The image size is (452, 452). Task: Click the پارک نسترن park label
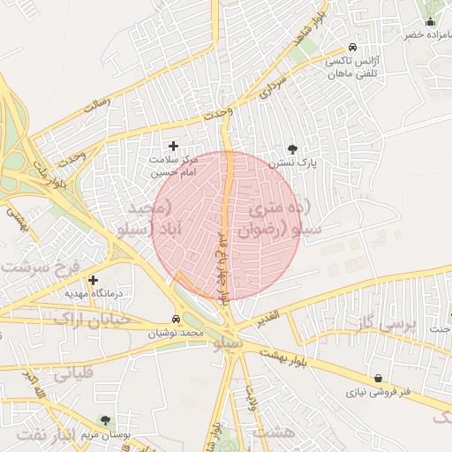(x=295, y=164)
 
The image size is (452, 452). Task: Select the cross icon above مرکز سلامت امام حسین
(x=173, y=146)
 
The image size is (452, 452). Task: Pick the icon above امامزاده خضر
(x=431, y=21)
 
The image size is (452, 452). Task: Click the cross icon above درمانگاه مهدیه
(x=93, y=279)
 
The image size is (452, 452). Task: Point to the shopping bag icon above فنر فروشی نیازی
(x=379, y=378)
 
